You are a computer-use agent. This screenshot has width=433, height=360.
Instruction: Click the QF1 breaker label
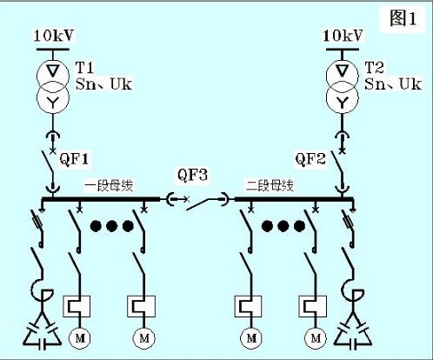coord(74,159)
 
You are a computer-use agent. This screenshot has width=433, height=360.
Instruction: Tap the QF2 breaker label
coord(310,159)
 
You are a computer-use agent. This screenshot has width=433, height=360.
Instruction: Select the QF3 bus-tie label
coord(193,175)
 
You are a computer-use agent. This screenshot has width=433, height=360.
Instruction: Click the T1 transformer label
coord(84,68)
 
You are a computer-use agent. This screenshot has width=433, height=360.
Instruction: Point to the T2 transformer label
coord(374,68)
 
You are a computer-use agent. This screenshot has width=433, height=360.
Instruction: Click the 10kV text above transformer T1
coord(54,36)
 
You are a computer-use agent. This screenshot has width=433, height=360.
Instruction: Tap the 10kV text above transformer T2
coord(343,36)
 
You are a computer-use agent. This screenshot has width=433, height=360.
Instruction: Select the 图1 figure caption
coord(403,18)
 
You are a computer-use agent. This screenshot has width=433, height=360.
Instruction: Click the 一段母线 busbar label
coord(109,185)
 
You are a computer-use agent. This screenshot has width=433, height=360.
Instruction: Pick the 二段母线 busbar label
coord(270,185)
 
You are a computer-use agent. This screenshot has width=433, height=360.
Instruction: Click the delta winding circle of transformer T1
coord(53,76)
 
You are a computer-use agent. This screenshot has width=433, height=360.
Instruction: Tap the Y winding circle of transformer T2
coord(343,98)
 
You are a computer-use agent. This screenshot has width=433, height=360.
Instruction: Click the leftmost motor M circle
coord(79,338)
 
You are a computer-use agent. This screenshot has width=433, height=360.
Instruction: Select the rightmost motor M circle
coord(316,338)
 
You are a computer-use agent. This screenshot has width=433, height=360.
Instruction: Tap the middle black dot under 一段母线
coord(112,226)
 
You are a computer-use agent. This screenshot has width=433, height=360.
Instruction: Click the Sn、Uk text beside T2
coord(393,84)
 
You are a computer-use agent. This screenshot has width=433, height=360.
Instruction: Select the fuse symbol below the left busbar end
coord(37,222)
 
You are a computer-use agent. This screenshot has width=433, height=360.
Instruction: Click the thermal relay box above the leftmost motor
coord(77,306)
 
